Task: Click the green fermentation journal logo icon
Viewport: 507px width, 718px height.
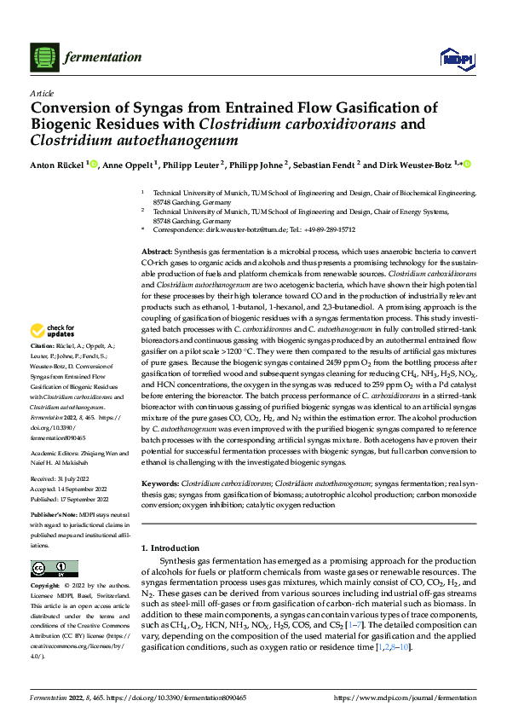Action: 44,57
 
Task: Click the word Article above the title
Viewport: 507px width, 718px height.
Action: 42,93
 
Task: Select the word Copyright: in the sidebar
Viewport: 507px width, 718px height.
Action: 45,586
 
